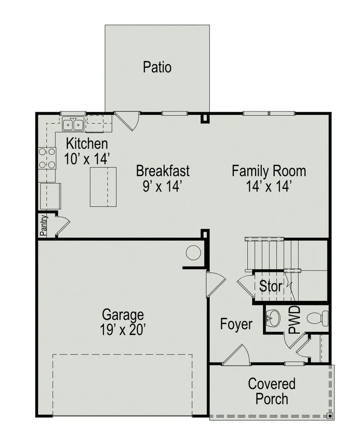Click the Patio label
coord(157,67)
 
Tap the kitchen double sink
coord(73,123)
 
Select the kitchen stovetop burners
coord(47,158)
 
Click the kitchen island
coord(103,186)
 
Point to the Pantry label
coord(44,225)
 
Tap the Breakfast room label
coord(163,171)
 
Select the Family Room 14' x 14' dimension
coord(269,186)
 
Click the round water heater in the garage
coord(193,252)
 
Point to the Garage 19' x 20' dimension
coord(123,330)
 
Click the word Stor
coord(270,286)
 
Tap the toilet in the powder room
coord(317,318)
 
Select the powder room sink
coord(273,318)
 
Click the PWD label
coord(294,320)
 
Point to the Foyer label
coord(236,324)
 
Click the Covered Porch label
coord(272,391)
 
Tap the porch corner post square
coord(330,415)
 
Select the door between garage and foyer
coord(216,284)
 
